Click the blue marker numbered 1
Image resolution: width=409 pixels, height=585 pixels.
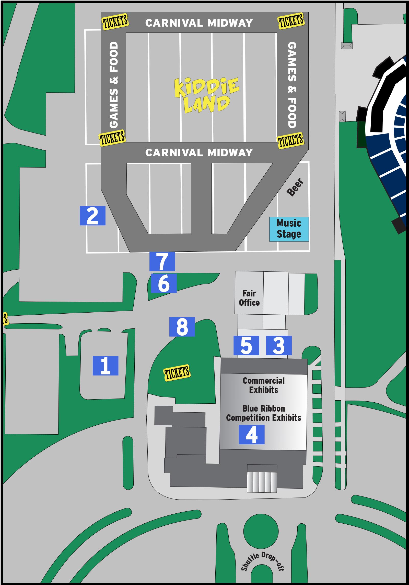(105, 366)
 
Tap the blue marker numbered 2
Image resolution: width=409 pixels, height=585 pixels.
(92, 216)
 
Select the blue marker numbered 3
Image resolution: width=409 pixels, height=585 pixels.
(279, 345)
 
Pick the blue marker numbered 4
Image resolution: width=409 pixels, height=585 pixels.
(251, 434)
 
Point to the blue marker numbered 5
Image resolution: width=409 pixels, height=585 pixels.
(246, 345)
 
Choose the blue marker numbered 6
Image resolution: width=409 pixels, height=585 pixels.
(164, 283)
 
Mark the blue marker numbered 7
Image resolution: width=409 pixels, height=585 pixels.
(162, 261)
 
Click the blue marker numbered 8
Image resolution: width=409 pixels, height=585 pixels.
(182, 327)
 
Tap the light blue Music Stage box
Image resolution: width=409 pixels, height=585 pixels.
(289, 229)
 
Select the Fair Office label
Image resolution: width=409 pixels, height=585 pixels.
(249, 298)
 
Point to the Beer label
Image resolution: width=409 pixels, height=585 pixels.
(296, 187)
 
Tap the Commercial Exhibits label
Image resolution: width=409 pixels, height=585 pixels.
(264, 385)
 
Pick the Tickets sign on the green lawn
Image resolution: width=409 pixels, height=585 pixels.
(177, 373)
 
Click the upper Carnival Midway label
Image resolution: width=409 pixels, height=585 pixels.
(199, 23)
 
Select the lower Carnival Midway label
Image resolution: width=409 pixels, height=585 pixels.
(199, 152)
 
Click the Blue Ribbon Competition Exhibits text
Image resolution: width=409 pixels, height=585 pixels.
(264, 413)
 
